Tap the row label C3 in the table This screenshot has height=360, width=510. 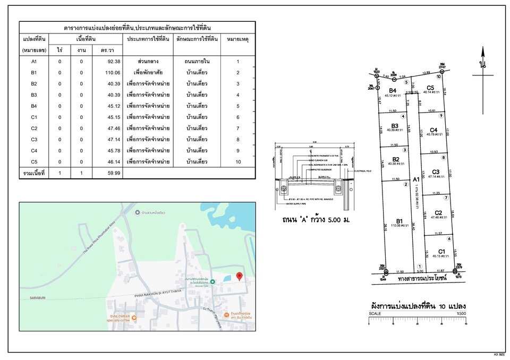click(34, 140)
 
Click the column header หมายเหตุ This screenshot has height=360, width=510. click(237, 39)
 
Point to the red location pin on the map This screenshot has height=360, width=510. click(239, 277)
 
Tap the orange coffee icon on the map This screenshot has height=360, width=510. click(134, 318)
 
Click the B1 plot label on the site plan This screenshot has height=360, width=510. click(400, 221)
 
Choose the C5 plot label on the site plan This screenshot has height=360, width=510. click(431, 88)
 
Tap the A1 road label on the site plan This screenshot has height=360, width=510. click(416, 179)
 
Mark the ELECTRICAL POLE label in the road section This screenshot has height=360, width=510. click(362, 171)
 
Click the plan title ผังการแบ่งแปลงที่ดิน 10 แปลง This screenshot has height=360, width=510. click(417, 306)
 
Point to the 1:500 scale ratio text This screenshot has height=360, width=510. click(461, 314)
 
